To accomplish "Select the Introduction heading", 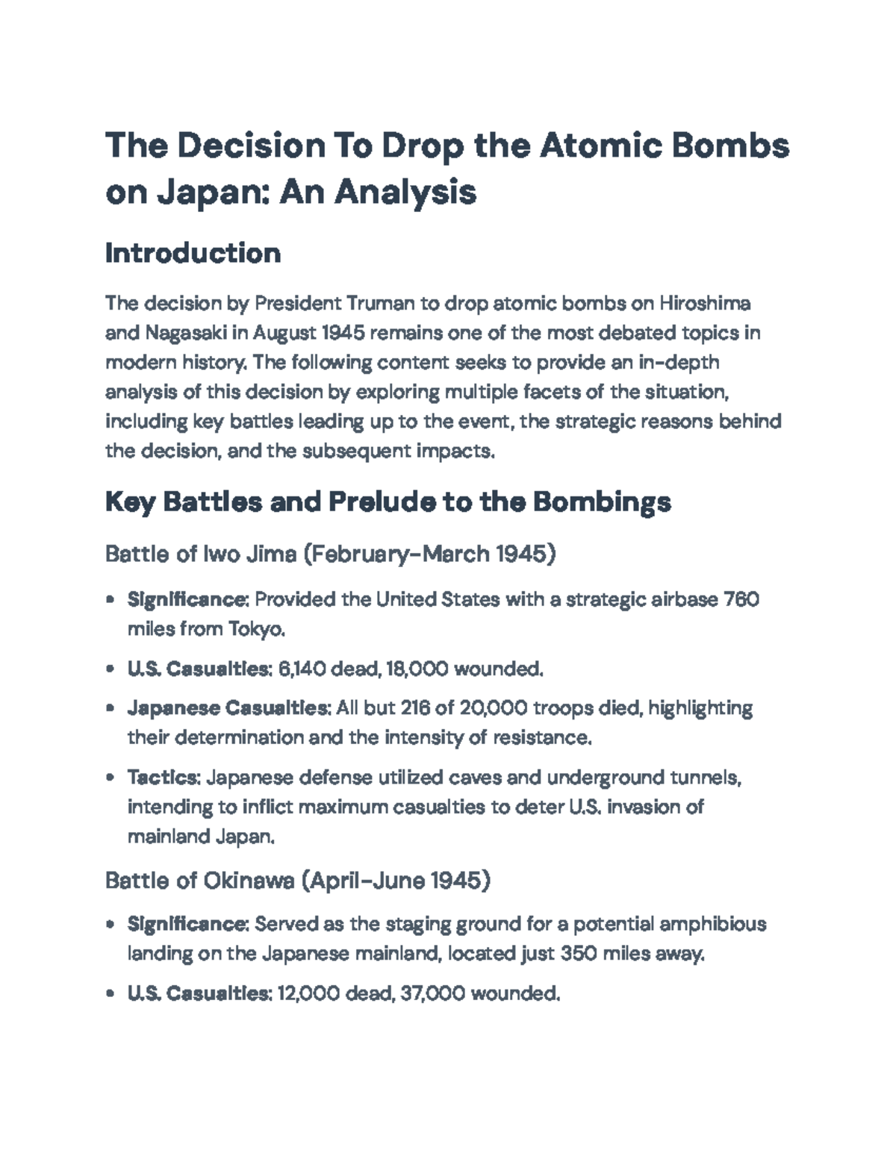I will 193,253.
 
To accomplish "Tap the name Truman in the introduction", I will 379,303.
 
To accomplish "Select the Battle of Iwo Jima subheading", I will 330,554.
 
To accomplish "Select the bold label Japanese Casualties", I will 229,707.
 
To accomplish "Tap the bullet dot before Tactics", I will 111,778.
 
